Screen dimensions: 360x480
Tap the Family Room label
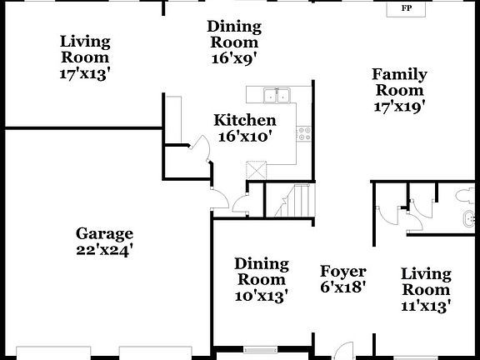(x=399, y=82)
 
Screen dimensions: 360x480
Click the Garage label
(x=104, y=233)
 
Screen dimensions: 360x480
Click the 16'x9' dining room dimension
(x=233, y=58)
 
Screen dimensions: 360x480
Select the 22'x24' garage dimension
(x=104, y=248)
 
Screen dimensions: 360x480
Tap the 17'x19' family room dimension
(x=399, y=106)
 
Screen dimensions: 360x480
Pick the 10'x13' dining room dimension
(x=262, y=295)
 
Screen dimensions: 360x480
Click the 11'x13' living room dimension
(x=426, y=306)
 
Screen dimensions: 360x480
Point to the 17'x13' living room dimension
(x=85, y=73)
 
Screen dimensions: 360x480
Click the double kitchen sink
(x=276, y=94)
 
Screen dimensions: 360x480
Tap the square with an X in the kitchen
(x=257, y=169)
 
